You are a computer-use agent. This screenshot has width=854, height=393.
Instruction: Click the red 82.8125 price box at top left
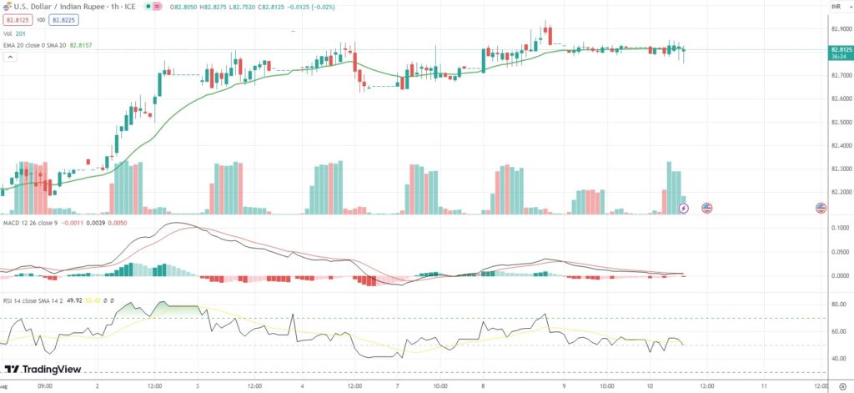click(x=18, y=19)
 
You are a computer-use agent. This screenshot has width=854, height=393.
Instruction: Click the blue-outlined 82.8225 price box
click(x=62, y=19)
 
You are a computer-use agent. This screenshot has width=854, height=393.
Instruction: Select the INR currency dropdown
click(x=836, y=7)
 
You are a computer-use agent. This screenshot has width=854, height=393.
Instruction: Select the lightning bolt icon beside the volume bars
click(x=684, y=207)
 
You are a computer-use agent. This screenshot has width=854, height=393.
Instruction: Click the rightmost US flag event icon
click(x=821, y=207)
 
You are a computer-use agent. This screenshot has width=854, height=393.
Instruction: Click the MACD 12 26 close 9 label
click(x=34, y=223)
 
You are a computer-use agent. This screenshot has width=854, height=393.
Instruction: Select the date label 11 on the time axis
click(x=764, y=386)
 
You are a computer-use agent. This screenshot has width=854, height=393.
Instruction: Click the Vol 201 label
click(x=14, y=33)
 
